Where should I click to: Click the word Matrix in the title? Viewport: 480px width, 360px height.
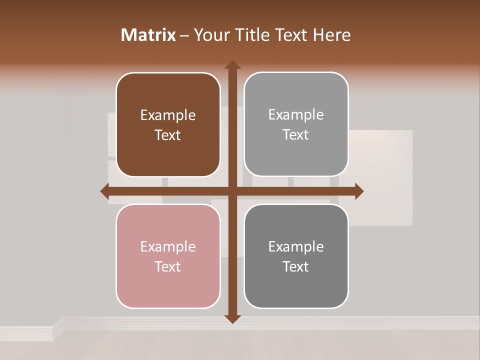pyautogui.click(x=148, y=35)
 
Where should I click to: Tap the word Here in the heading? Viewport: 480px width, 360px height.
pyautogui.click(x=331, y=35)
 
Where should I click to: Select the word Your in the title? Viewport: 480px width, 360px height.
pyautogui.click(x=210, y=35)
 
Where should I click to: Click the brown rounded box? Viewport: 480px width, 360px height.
pyautogui.click(x=168, y=125)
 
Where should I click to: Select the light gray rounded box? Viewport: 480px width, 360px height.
pyautogui.click(x=296, y=124)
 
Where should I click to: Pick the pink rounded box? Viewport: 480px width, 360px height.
pyautogui.click(x=168, y=256)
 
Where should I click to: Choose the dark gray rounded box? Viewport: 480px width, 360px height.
pyautogui.click(x=296, y=256)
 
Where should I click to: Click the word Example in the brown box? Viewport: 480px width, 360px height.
pyautogui.click(x=168, y=115)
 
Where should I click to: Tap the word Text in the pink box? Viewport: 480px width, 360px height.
pyautogui.click(x=168, y=266)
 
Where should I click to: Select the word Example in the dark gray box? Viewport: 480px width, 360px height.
pyautogui.click(x=296, y=246)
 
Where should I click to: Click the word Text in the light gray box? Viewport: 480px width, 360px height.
pyautogui.click(x=296, y=135)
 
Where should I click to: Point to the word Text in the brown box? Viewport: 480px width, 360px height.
pyautogui.click(x=168, y=135)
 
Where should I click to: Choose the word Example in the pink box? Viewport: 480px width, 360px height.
pyautogui.click(x=168, y=246)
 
